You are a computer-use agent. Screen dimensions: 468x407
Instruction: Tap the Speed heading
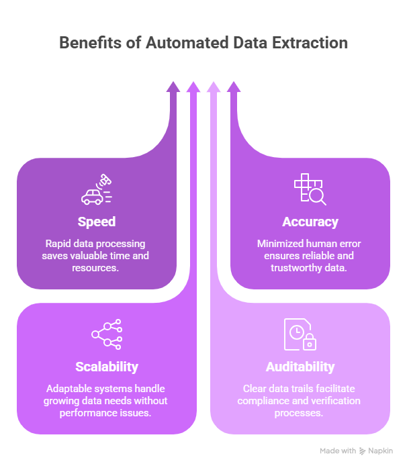pos(96,222)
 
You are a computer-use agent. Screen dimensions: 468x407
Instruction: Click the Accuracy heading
pos(310,222)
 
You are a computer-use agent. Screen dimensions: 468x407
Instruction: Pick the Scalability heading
pos(107,367)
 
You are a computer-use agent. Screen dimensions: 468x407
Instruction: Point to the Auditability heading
pos(300,367)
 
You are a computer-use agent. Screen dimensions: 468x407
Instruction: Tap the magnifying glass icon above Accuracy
pos(316,195)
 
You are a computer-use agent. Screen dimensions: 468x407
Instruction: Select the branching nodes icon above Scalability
pos(107,334)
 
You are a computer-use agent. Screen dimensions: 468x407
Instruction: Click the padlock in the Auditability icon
pos(310,343)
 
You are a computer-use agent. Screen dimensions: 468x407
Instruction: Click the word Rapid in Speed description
pos(58,244)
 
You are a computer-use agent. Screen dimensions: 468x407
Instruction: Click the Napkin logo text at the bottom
pos(380,451)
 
